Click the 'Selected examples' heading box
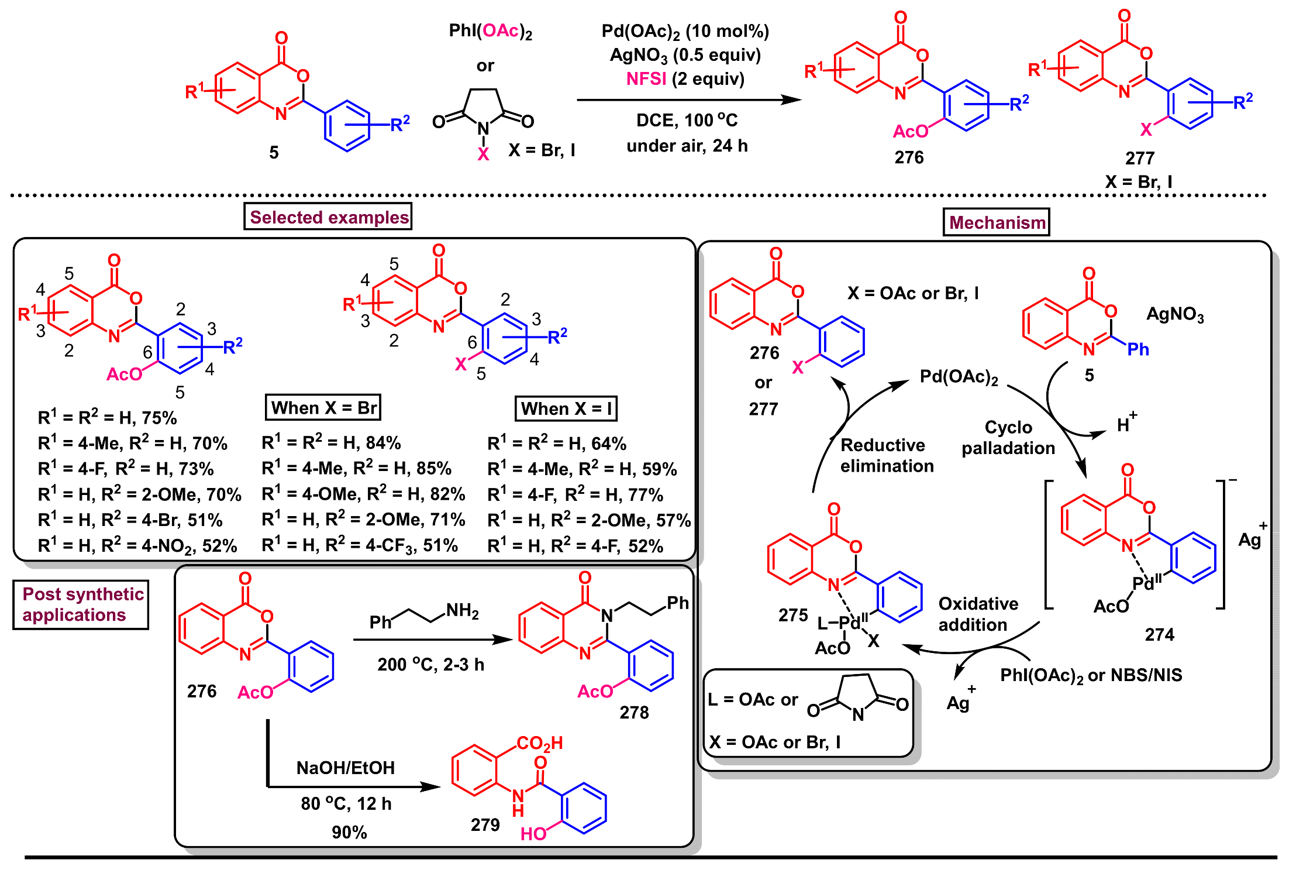click(328, 216)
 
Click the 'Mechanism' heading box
click(996, 222)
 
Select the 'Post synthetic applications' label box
click(81, 604)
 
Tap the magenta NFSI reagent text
click(646, 78)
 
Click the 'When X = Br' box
click(323, 407)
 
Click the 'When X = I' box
click(566, 408)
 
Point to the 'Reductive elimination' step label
click(886, 455)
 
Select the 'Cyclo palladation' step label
click(1008, 437)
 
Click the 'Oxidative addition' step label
click(977, 614)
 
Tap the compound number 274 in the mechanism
click(1159, 634)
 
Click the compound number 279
click(485, 824)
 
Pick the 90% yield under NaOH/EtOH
click(349, 832)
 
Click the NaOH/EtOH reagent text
click(345, 768)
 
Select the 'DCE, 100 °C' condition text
click(687, 121)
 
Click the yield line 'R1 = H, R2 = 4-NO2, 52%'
click(137, 545)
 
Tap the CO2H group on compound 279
click(539, 743)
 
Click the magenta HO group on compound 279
click(533, 833)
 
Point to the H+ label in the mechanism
click(1126, 424)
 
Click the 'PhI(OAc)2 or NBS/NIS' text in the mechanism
click(1091, 675)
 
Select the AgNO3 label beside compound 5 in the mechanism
click(1174, 315)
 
